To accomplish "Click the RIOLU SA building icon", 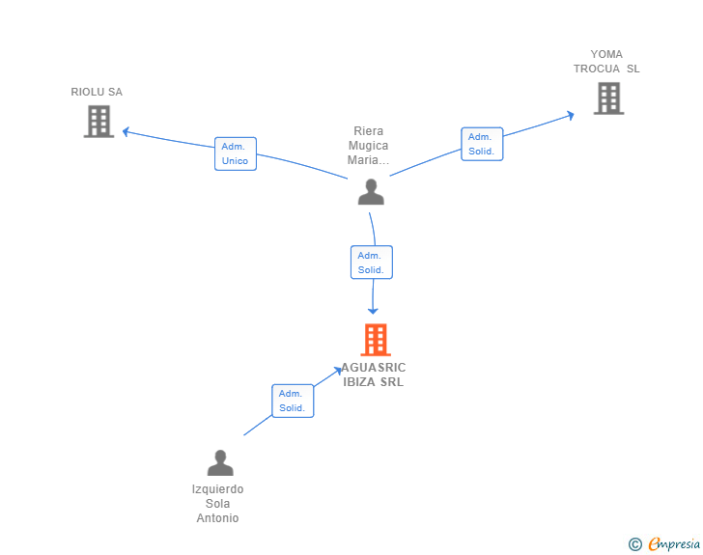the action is tap(98, 122).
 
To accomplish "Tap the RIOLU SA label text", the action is tap(97, 92).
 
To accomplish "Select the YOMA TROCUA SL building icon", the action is tap(608, 98).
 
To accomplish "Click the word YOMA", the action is tap(606, 54).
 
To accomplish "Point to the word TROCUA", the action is tap(597, 69).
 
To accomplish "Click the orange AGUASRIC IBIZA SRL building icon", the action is tap(376, 340).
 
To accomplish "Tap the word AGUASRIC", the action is tap(374, 368).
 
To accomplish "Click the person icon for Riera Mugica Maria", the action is tap(371, 192).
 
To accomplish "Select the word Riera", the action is tap(369, 131).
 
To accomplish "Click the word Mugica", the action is tap(369, 145).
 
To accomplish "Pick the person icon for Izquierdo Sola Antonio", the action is tap(220, 462).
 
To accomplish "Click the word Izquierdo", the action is tap(217, 489).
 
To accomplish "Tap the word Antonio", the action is tap(217, 517).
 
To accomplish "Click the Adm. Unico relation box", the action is tap(236, 153).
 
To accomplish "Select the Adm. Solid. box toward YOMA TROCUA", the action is tap(482, 144).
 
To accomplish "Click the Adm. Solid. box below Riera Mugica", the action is tap(372, 263).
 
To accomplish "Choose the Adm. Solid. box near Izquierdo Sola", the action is tap(293, 401).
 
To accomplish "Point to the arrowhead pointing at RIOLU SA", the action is tap(126, 131).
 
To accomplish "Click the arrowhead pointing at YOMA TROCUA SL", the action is tap(571, 116).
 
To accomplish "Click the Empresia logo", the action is tap(664, 543).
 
